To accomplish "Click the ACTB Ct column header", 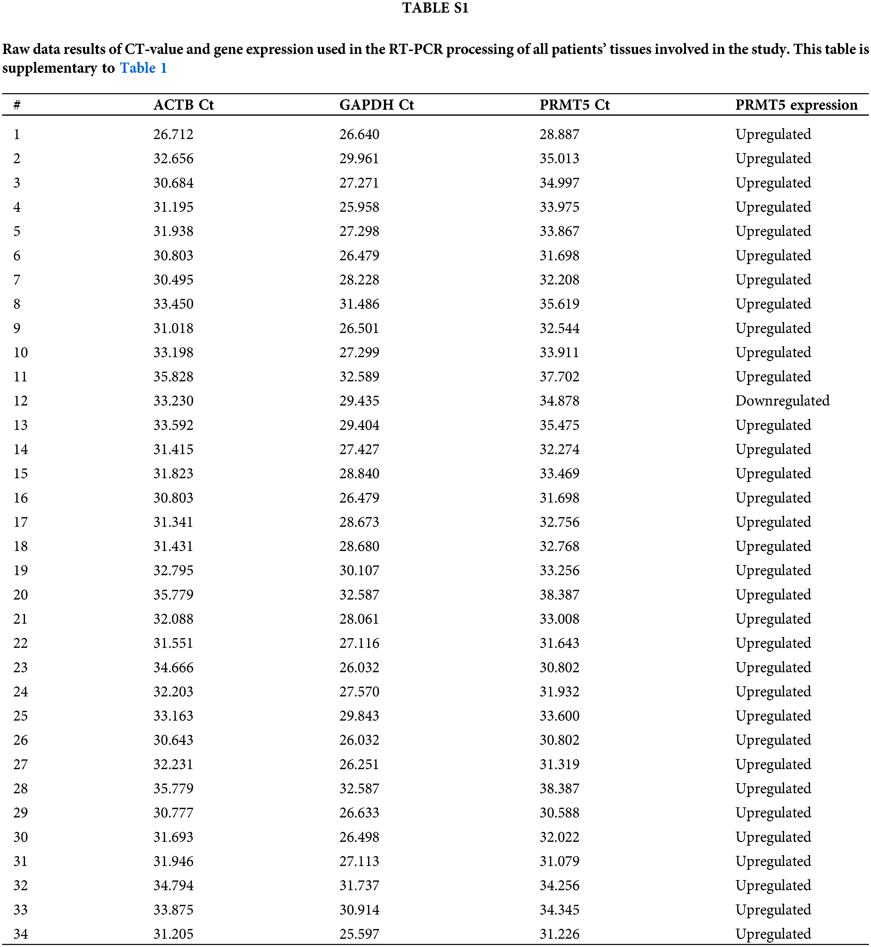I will pos(183,105).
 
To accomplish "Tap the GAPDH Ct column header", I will pos(376,105).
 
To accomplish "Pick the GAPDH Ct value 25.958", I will pos(359,207).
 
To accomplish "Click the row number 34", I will pos(20,934).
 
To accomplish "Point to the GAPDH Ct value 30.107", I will pos(359,570).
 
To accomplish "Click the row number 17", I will pos(20,522).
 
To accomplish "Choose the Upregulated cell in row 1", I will pos(773,134).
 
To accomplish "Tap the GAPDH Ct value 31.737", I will pos(359,885).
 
